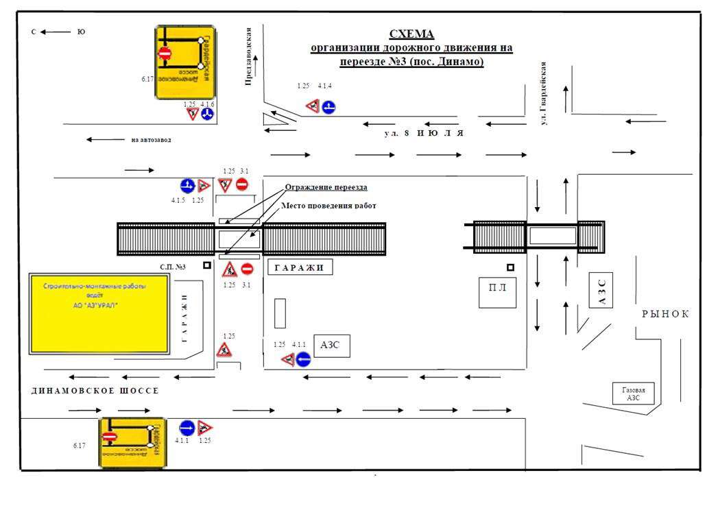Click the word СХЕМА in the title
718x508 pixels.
point(411,34)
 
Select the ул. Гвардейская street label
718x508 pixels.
point(543,93)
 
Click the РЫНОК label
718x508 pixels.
point(665,314)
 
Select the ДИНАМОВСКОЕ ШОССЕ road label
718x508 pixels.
point(95,390)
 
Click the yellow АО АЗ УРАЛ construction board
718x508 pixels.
point(99,314)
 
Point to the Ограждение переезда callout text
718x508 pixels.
point(326,187)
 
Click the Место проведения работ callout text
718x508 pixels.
point(329,205)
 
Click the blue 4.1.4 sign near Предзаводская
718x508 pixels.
point(329,106)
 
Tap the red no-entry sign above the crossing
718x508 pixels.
point(241,184)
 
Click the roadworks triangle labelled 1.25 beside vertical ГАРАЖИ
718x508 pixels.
point(224,350)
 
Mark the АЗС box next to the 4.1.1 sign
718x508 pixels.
point(332,345)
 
